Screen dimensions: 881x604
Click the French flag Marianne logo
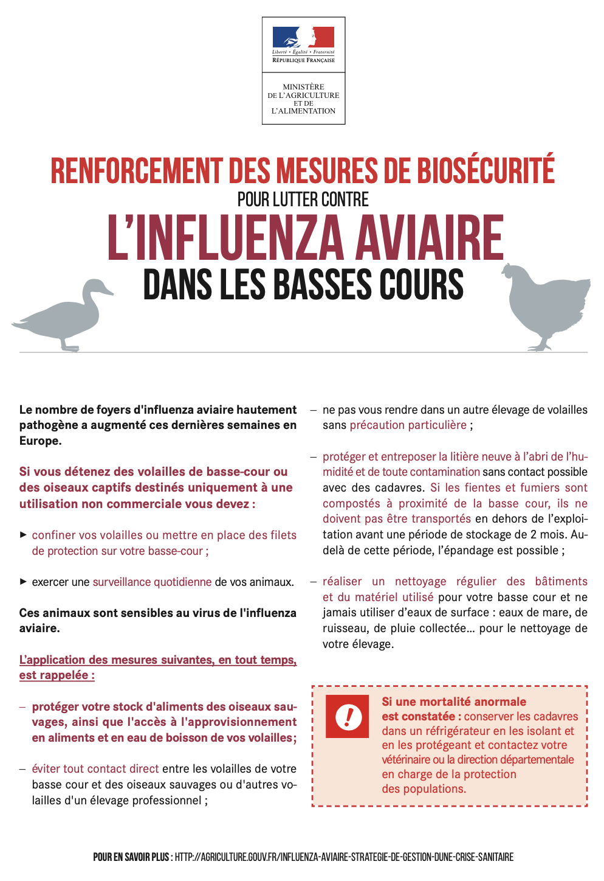pyautogui.click(x=303, y=37)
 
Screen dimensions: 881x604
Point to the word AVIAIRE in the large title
pyautogui.click(x=430, y=239)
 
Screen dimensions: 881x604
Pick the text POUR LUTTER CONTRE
pyautogui.click(x=303, y=200)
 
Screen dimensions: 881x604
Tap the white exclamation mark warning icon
pyautogui.click(x=348, y=716)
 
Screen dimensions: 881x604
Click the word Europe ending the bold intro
pyautogui.click(x=40, y=441)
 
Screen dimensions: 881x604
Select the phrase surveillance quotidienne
pyautogui.click(x=152, y=582)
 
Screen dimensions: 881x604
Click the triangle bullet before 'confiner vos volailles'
pyautogui.click(x=23, y=535)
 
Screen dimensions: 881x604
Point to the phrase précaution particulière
pyautogui.click(x=408, y=425)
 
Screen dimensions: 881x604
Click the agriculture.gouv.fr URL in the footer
pyautogui.click(x=344, y=857)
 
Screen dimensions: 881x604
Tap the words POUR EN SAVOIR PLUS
pyautogui.click(x=131, y=857)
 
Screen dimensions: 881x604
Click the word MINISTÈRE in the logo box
pyautogui.click(x=303, y=87)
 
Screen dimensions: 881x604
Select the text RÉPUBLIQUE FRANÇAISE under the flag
pyautogui.click(x=303, y=60)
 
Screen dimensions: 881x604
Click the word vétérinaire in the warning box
pyautogui.click(x=405, y=760)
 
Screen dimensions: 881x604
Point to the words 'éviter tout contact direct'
pyautogui.click(x=95, y=769)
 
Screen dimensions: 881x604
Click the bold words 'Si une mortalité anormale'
pyautogui.click(x=454, y=702)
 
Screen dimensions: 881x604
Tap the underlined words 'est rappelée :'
pyautogui.click(x=57, y=675)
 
